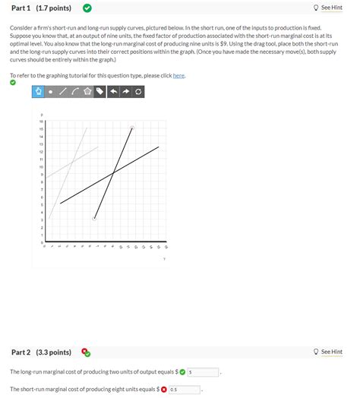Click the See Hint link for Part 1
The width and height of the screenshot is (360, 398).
click(331, 8)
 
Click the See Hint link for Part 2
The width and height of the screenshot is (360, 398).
click(331, 352)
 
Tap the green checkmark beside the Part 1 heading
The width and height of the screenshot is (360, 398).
click(87, 8)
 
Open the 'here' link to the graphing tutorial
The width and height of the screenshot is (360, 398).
click(178, 76)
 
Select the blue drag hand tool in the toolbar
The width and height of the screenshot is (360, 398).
click(38, 92)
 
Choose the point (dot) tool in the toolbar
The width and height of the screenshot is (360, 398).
click(51, 92)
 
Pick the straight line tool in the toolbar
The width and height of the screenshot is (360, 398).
click(63, 92)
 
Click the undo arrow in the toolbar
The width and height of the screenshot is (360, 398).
click(113, 92)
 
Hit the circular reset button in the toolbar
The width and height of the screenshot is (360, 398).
click(137, 92)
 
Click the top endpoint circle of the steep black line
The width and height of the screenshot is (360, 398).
click(132, 128)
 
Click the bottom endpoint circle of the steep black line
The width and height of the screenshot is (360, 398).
click(94, 219)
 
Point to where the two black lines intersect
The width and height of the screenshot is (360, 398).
click(113, 173)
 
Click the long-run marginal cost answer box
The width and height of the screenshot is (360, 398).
click(204, 372)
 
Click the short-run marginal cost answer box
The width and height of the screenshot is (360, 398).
click(185, 390)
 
